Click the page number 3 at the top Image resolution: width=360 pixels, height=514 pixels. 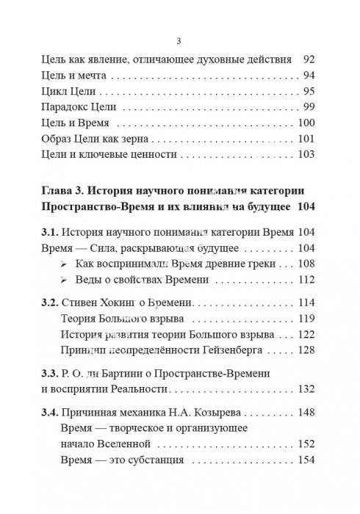coord(179,40)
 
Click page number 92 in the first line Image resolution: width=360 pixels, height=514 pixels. coord(308,58)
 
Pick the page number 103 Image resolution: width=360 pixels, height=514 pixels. coord(305,154)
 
